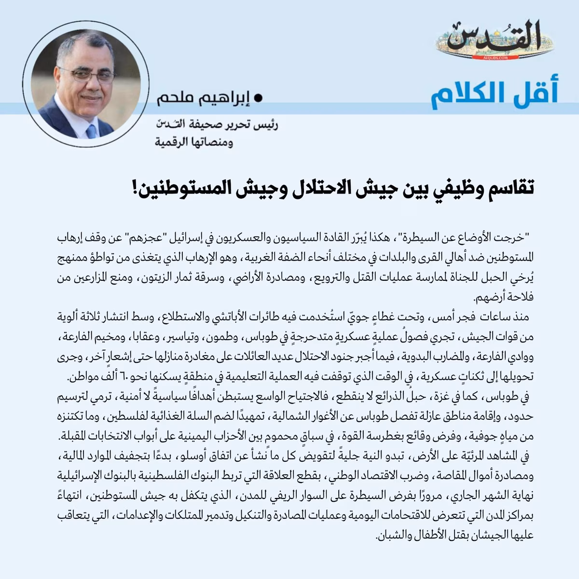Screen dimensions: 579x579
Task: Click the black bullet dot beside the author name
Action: (258, 98)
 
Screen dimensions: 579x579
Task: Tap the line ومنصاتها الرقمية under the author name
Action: (193, 143)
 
